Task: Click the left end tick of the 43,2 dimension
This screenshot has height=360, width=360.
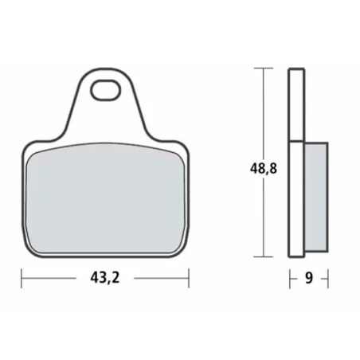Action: [x=22, y=279]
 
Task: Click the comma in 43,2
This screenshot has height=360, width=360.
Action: [x=109, y=284]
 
